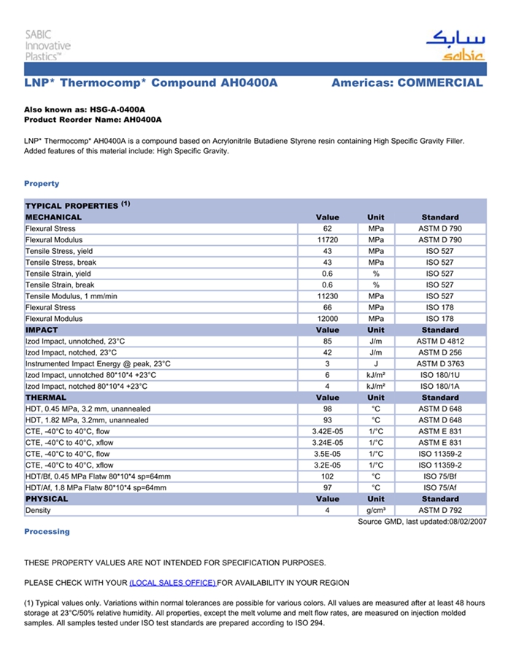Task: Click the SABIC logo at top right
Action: click(454, 46)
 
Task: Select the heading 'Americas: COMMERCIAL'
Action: click(407, 83)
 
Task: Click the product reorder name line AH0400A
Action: click(93, 119)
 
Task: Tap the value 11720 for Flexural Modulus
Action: click(327, 240)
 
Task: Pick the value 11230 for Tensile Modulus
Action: click(327, 296)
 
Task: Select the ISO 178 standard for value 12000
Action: click(439, 319)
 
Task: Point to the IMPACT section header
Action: click(42, 330)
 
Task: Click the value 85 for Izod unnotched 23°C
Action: click(327, 341)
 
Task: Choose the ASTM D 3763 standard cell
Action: click(439, 364)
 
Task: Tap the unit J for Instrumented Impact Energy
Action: click(376, 364)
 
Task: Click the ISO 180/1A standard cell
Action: click(439, 387)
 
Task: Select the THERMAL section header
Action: click(45, 398)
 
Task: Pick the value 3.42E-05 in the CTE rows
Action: click(327, 432)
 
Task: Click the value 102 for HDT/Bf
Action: click(327, 476)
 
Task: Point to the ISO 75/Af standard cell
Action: click(439, 488)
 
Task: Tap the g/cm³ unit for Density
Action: click(376, 511)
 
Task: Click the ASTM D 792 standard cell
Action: click(439, 511)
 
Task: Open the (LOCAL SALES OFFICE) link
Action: click(172, 583)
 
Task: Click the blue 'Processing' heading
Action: click(47, 532)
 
